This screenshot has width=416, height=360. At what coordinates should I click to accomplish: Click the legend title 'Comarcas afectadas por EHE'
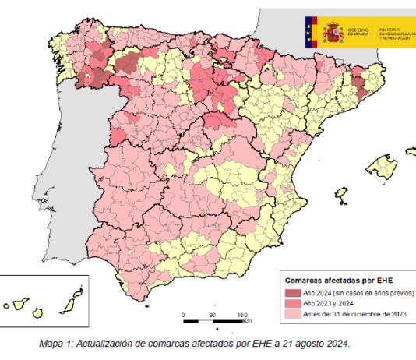[x=333, y=280]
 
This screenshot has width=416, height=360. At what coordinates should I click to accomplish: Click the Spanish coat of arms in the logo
[x=333, y=33]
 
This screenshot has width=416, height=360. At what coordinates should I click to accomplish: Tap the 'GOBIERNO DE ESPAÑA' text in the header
[x=360, y=32]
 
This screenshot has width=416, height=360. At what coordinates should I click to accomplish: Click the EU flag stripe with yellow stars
[x=314, y=33]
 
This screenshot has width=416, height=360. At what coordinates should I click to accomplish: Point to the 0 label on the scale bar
[x=184, y=314]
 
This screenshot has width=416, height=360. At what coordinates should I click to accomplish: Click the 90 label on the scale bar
[x=213, y=314]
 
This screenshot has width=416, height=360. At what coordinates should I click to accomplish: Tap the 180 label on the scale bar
[x=241, y=314]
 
